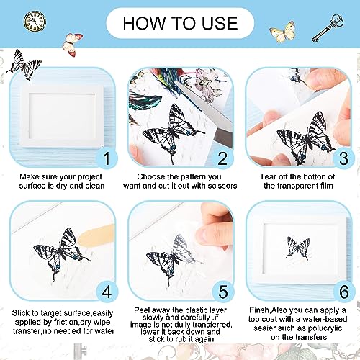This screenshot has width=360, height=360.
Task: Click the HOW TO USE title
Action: tap(180, 23)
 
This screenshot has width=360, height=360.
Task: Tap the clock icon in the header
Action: tap(35, 21)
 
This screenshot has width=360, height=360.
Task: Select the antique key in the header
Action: tap(328, 27)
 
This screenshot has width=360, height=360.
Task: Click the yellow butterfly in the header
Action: tap(283, 32)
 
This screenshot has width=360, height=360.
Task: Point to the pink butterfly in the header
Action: tap(72, 45)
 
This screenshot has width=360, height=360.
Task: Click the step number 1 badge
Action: tap(107, 158)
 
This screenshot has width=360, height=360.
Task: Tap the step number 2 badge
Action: tap(222, 158)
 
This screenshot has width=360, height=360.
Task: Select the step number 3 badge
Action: tap(343, 158)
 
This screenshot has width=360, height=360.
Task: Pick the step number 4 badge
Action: tap(107, 292)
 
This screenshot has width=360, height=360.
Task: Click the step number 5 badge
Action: tap(222, 292)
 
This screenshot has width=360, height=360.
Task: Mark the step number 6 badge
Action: tap(343, 292)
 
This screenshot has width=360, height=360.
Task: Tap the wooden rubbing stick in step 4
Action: tap(96, 235)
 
